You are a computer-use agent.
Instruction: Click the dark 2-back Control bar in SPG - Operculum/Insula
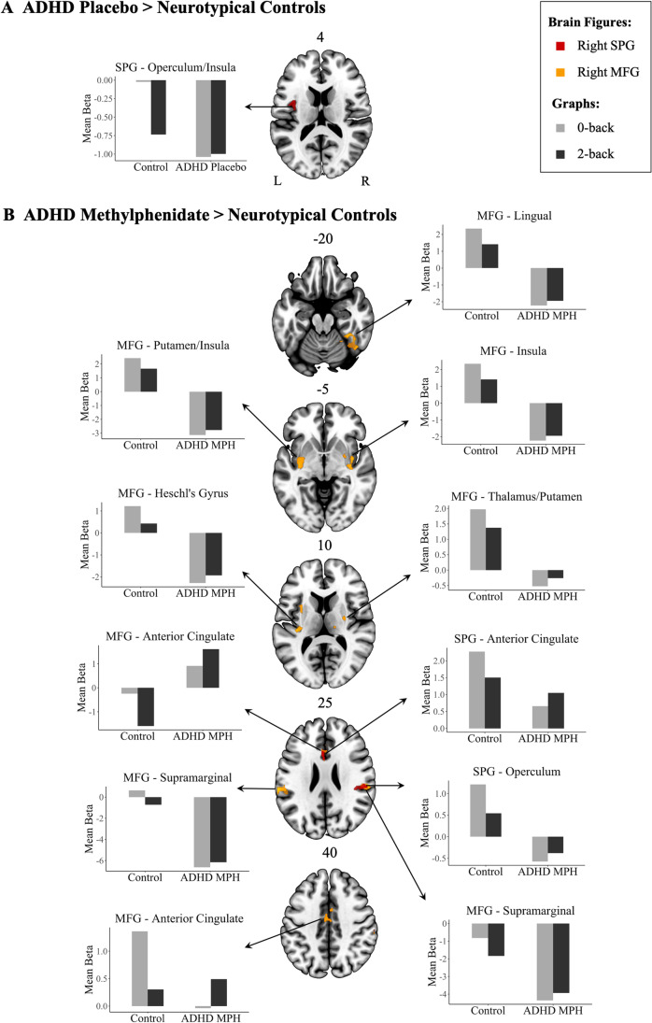coord(159,107)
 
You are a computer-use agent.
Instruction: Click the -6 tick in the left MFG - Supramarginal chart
coord(98,860)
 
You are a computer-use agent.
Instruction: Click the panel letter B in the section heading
coord(9,215)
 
